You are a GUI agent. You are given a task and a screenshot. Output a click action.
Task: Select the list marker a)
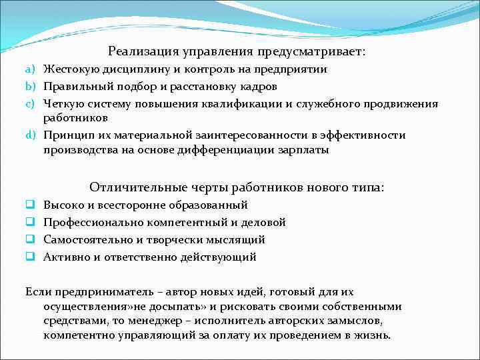(30, 69)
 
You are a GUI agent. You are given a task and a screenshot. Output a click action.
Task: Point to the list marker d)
(30, 135)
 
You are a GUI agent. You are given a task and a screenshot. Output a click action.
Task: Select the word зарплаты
(306, 150)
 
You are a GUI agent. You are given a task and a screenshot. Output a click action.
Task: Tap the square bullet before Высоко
(30, 205)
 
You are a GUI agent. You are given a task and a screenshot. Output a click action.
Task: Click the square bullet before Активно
(30, 257)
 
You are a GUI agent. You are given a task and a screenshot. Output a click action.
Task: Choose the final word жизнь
(375, 335)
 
